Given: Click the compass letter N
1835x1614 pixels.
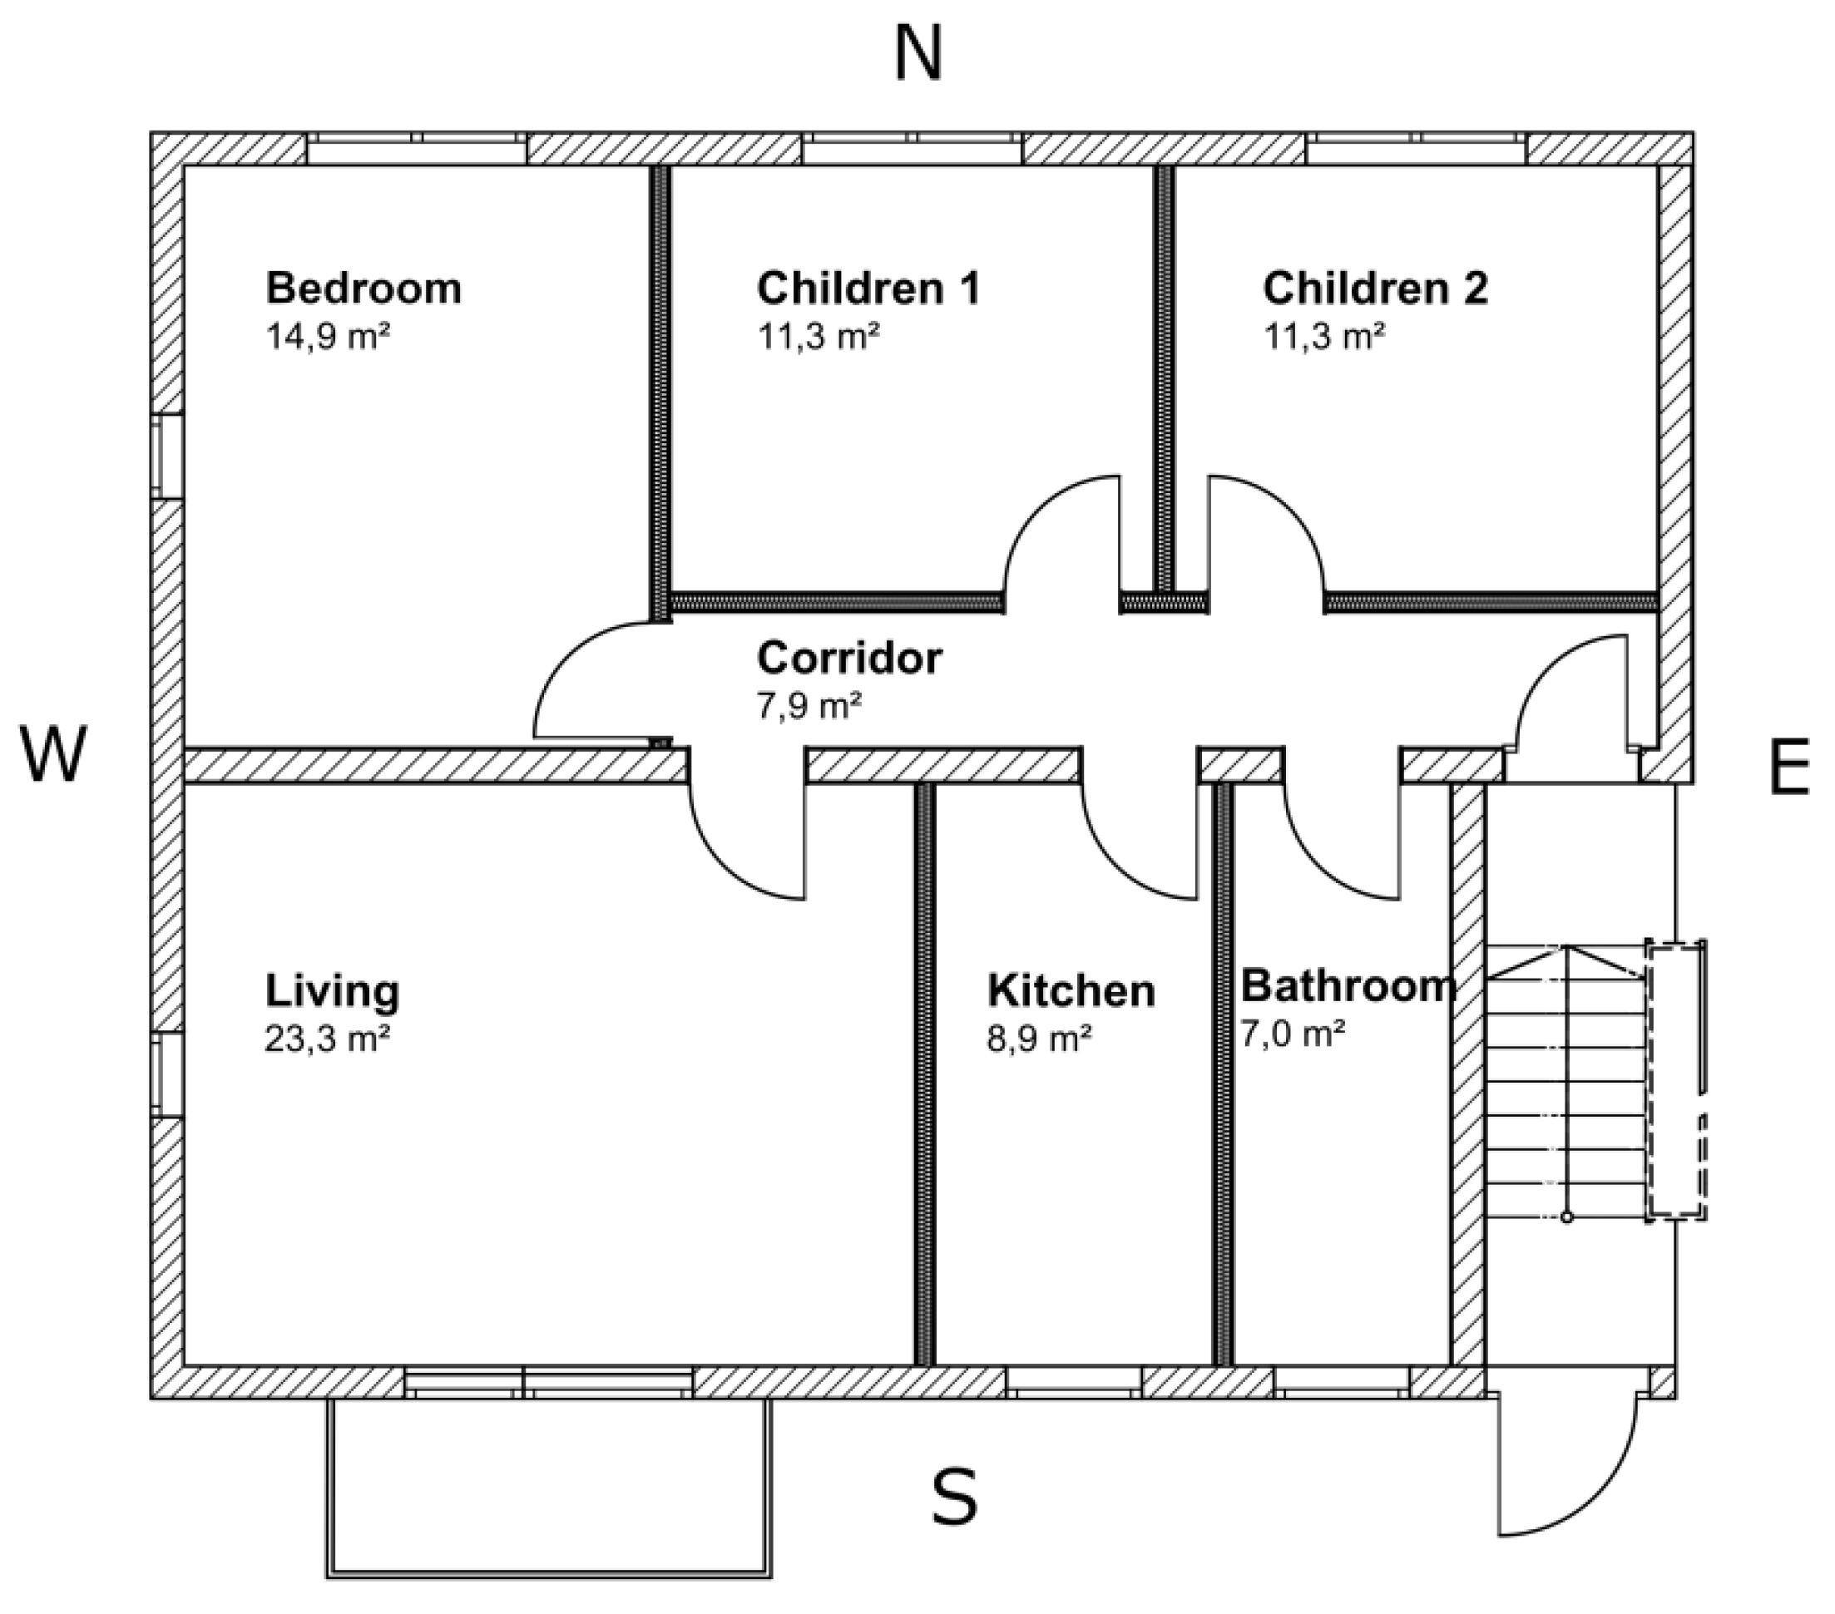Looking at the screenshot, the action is point(918,55).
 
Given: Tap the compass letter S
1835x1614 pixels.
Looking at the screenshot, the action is point(953,1497).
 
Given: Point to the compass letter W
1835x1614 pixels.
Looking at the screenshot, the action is point(54,754).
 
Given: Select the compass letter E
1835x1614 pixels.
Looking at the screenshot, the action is point(1788,768).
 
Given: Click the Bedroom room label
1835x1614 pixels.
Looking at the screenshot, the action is point(364,289).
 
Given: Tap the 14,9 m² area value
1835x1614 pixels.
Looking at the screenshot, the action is point(328,337).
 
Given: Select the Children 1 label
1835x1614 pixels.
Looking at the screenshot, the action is point(868,289).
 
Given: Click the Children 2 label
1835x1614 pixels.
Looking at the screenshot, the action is point(1375,289).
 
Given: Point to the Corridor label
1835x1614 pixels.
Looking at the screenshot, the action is point(849,658).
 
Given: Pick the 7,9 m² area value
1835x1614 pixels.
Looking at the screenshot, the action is point(809,706).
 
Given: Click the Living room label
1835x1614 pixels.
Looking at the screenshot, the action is point(332,991).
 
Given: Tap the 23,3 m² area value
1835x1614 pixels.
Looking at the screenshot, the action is point(328,1039).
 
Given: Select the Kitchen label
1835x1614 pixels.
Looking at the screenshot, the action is point(1071,991).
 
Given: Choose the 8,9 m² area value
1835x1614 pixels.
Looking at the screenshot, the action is point(1040,1039).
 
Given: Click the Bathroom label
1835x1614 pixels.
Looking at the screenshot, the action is point(1348,985).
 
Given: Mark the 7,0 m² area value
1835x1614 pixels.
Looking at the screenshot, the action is point(1293,1034).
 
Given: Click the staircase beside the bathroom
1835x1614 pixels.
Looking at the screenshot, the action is point(1566,1083).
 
